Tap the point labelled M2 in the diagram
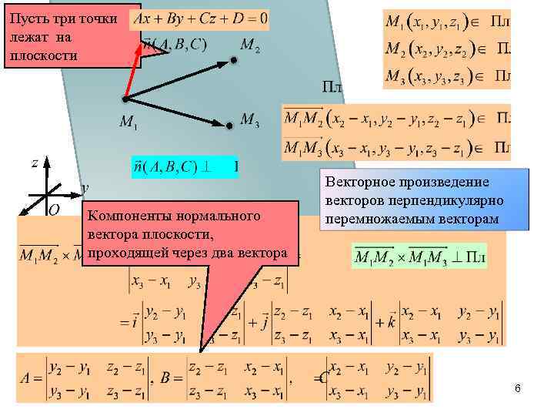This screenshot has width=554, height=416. coord(233,59)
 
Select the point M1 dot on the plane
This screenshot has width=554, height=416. coord(124,99)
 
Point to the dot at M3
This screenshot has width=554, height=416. coord(228,125)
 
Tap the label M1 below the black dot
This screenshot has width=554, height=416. coord(129,122)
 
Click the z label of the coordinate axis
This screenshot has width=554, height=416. coord(35,163)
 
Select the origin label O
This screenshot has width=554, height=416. coord(55,210)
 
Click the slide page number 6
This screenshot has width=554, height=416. coord(518,388)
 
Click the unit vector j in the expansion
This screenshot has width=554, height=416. coord(263,323)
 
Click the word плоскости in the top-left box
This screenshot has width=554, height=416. coord(42,56)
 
